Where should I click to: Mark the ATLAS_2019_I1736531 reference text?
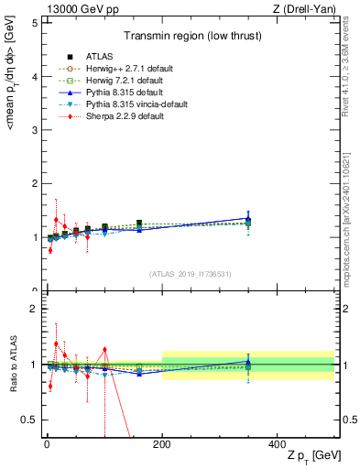pos(191,274)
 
